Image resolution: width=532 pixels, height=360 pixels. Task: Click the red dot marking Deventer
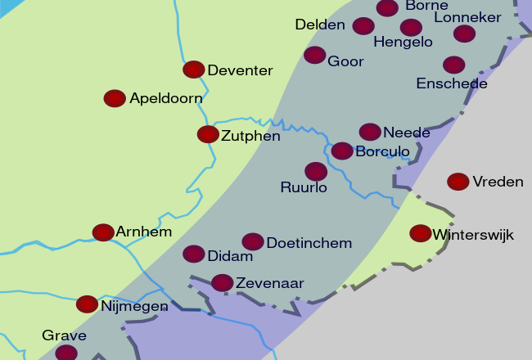(194, 70)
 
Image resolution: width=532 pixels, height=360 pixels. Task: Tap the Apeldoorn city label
(165, 99)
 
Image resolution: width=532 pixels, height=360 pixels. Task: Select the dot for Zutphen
(208, 134)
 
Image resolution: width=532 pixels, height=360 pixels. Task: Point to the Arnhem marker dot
(103, 232)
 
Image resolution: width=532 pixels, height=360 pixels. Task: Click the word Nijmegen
(134, 307)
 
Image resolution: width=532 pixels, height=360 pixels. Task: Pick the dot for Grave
(66, 353)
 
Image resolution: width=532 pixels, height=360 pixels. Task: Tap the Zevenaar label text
(269, 284)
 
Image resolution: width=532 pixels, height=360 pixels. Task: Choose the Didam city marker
(194, 254)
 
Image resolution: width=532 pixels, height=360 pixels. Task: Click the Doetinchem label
(309, 243)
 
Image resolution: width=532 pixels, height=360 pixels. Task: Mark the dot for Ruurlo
(316, 171)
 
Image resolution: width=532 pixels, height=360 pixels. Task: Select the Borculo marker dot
(342, 151)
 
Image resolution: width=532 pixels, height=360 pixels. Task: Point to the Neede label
(406, 133)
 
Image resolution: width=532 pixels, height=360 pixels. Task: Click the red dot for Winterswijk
(421, 233)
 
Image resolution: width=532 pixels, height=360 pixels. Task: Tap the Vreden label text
(498, 182)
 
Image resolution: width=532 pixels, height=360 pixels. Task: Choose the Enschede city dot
(454, 65)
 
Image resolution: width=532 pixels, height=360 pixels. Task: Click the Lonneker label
(467, 18)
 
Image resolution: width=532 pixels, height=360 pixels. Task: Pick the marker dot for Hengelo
(412, 27)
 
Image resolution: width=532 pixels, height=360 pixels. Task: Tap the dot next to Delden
(363, 25)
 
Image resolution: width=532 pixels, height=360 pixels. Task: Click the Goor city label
(345, 61)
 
